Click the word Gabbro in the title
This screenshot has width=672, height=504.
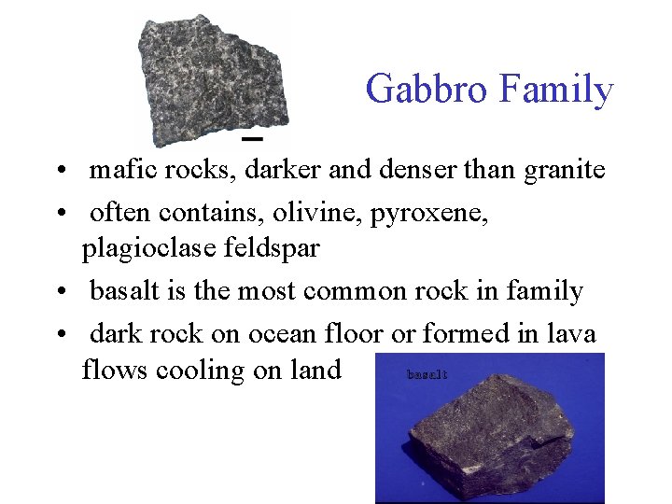tap(427, 91)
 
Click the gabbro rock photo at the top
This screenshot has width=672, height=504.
tap(213, 79)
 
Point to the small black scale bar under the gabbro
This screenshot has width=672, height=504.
tap(252, 138)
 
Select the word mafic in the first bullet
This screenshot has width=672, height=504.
tap(124, 171)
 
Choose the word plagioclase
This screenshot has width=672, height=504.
tap(143, 249)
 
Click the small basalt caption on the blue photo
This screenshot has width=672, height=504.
tap(427, 374)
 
